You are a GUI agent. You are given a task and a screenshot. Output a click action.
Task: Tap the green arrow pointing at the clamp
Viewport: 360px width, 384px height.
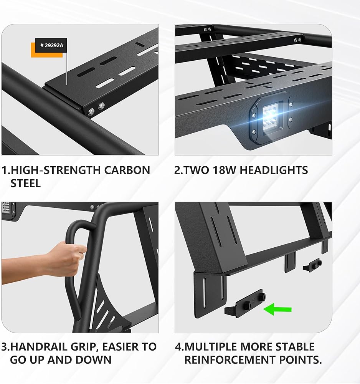[277, 309]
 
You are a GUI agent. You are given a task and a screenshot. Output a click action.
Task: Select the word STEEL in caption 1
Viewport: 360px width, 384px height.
[25, 184]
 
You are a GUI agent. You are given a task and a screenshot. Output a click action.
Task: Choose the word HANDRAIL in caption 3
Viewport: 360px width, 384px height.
[39, 347]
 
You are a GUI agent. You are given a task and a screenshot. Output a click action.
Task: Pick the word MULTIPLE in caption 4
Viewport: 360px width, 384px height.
[210, 347]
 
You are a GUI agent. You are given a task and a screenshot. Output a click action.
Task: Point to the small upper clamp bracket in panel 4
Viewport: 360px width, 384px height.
[312, 265]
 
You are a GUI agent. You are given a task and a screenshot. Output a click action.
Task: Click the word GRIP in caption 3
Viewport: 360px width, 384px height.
[84, 347]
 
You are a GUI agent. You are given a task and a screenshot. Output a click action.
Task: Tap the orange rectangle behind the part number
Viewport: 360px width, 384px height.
[46, 50]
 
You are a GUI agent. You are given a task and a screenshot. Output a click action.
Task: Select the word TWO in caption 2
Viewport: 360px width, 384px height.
[196, 170]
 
